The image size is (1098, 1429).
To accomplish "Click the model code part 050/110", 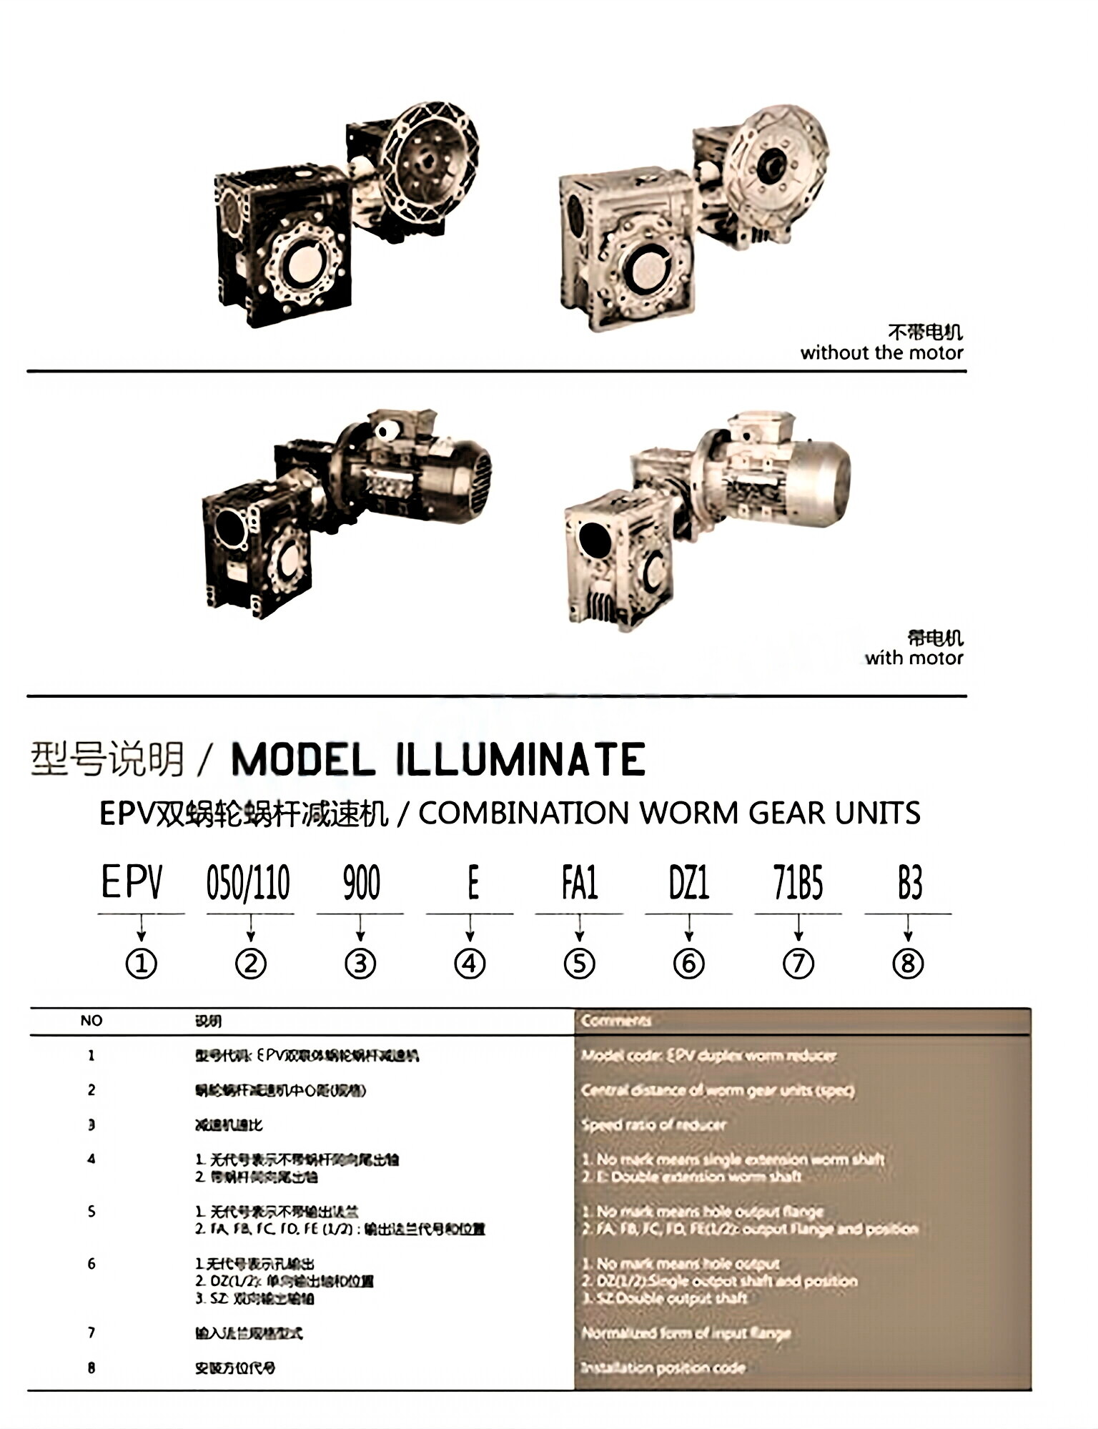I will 248,882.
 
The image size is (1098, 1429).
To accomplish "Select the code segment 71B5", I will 798,882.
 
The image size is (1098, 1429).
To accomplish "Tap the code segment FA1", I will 579,882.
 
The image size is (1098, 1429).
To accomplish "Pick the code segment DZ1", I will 688,882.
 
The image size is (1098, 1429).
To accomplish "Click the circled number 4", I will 470,964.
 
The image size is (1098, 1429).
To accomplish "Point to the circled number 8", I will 908,964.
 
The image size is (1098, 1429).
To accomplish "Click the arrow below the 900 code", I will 360,929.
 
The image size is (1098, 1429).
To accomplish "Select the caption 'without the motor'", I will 881,352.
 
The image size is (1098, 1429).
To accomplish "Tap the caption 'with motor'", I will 914,658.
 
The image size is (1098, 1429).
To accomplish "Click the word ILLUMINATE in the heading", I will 520,759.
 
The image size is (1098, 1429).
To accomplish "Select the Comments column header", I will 615,1020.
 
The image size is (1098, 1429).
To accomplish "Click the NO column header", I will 91,1020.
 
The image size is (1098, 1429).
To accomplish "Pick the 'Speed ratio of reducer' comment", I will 653,1124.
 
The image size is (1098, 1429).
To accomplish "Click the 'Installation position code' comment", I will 663,1368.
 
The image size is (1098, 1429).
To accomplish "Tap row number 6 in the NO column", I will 91,1264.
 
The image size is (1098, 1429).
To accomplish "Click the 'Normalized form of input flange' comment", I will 686,1332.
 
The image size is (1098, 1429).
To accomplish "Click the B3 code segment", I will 909,882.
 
